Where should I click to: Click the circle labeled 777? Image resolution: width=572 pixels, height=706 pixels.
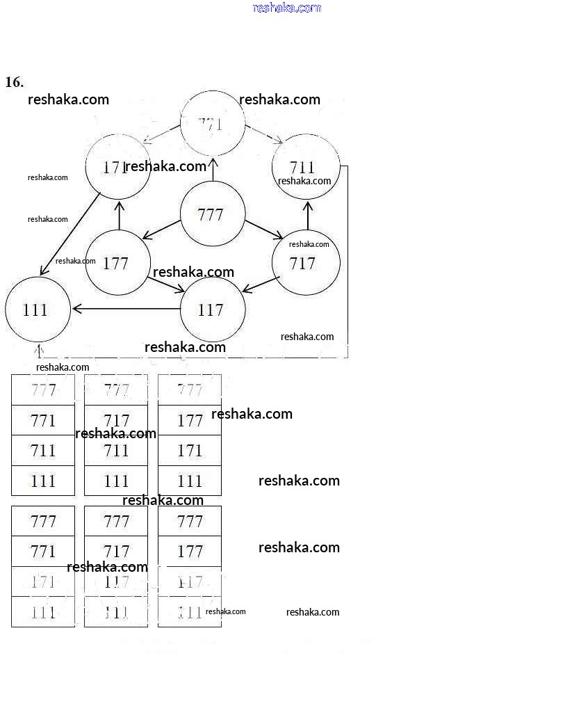(x=212, y=214)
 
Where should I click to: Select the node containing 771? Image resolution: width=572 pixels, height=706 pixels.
(x=212, y=124)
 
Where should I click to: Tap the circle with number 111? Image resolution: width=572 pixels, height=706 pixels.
(x=38, y=310)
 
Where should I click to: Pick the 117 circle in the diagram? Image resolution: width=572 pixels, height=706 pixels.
(x=212, y=310)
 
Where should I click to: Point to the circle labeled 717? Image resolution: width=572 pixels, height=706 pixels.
(x=305, y=263)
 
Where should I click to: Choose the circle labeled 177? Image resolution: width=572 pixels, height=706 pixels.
(x=117, y=263)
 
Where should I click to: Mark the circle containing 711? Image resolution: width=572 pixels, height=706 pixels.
(x=305, y=167)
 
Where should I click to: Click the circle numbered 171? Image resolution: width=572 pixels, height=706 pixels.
(x=117, y=167)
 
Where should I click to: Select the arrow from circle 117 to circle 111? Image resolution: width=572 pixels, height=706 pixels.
(x=125, y=309)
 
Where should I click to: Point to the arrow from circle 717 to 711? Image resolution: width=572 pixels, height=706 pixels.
(x=307, y=216)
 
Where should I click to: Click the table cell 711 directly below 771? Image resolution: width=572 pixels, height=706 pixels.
(x=43, y=451)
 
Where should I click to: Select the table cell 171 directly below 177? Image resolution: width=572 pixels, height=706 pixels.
(x=190, y=451)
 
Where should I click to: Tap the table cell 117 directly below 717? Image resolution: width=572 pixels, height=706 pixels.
(x=116, y=582)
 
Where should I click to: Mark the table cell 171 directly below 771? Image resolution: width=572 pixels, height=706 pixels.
(x=43, y=582)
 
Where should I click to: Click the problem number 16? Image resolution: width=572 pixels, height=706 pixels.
(x=15, y=82)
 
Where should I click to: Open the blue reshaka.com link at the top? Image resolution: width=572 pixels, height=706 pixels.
(x=286, y=8)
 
